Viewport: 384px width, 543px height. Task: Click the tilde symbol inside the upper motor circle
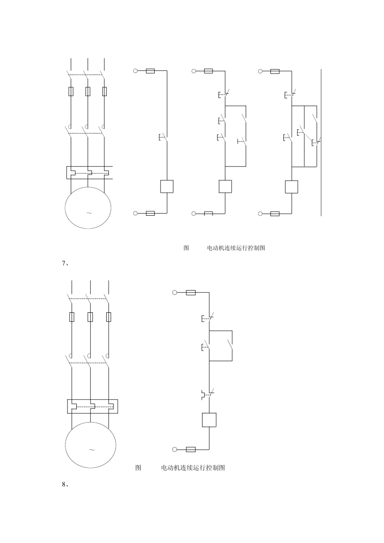click(x=89, y=213)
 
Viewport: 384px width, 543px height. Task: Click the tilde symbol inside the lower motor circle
click(x=91, y=450)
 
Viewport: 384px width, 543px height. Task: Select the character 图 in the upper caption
click(x=186, y=248)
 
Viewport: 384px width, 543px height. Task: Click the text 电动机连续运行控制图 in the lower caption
click(x=193, y=468)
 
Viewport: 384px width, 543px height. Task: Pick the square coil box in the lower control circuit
click(x=209, y=420)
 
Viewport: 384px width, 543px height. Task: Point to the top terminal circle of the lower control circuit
click(x=175, y=293)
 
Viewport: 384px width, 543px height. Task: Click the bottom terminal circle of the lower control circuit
click(x=175, y=449)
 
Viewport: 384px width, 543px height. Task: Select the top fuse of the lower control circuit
click(x=191, y=293)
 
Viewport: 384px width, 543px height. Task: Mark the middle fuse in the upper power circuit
click(x=88, y=91)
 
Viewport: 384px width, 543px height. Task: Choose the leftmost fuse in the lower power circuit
click(x=72, y=317)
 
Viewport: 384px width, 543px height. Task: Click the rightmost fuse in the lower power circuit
click(x=108, y=317)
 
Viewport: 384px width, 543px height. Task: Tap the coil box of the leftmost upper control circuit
click(x=167, y=186)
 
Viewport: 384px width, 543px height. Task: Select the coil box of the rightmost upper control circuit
click(x=291, y=187)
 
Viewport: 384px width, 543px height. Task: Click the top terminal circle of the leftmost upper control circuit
click(x=135, y=71)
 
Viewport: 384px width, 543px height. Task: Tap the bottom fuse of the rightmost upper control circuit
click(x=275, y=213)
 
